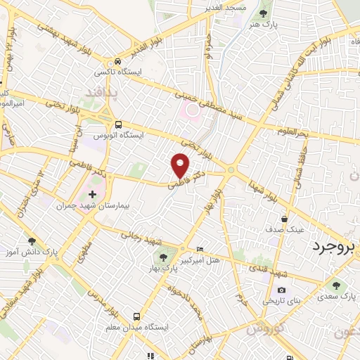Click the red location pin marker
coord(181,166)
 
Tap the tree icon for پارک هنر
coord(263,13)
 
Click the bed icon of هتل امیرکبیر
coord(200,249)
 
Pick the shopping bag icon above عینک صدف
coord(285,218)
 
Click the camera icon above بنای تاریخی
coord(281,290)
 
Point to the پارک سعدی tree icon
coord(334,285)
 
